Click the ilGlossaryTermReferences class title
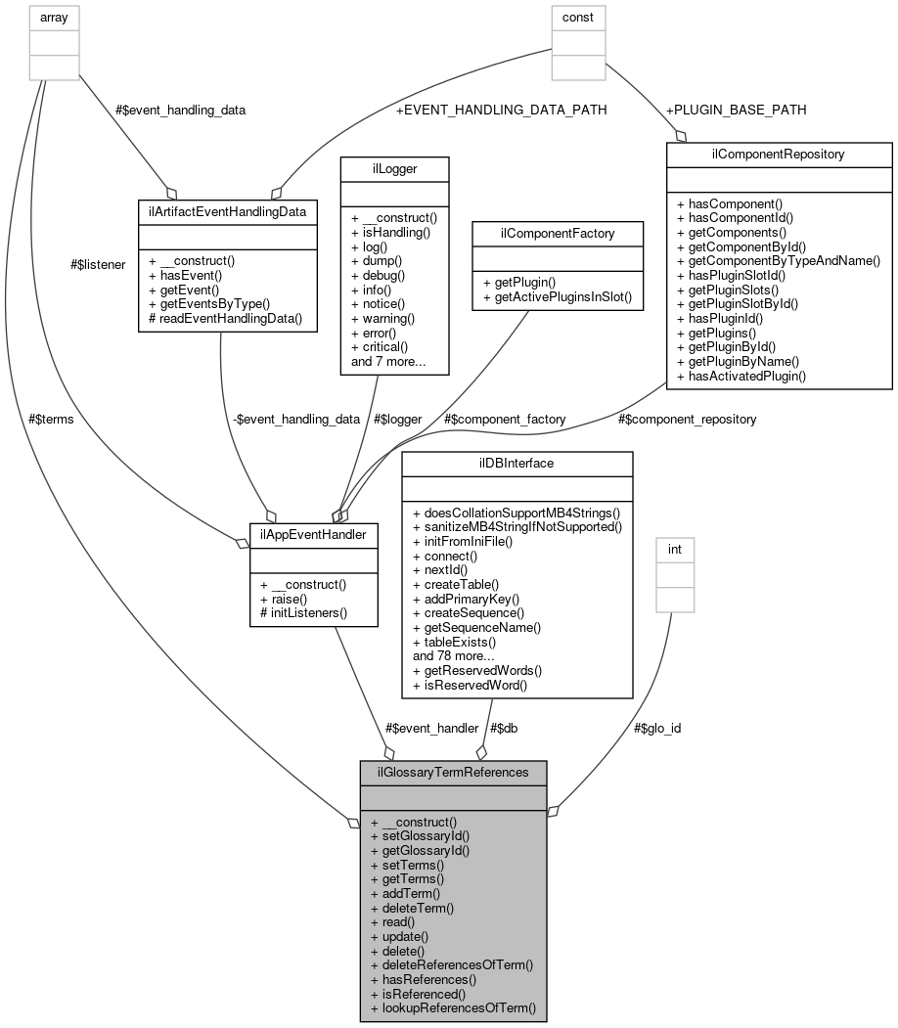453,772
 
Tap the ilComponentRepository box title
779,154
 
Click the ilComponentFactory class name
557,232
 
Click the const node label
578,17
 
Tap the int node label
674,550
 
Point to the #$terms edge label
51,419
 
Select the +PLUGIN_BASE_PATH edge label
735,110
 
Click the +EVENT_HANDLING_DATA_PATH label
501,111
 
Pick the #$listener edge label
98,264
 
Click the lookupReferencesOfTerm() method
454,1006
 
